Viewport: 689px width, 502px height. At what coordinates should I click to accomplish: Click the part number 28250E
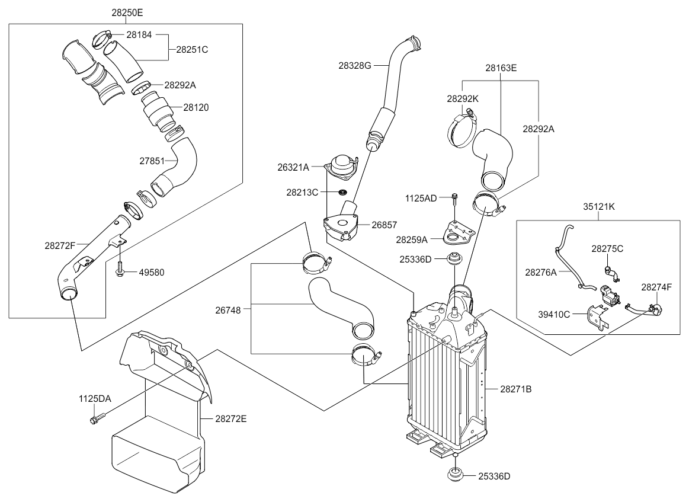(x=127, y=12)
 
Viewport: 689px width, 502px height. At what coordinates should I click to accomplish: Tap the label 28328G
(x=355, y=65)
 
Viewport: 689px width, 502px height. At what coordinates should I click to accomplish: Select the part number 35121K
(x=599, y=208)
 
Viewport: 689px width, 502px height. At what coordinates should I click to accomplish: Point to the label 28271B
(x=515, y=389)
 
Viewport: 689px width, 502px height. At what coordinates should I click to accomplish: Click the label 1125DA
(x=95, y=399)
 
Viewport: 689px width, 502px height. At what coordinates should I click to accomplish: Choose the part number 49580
(x=152, y=273)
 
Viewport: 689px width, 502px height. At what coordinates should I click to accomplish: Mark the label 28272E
(x=230, y=418)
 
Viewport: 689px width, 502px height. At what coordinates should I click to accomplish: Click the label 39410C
(x=555, y=314)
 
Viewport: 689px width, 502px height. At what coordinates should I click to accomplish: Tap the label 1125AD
(x=421, y=197)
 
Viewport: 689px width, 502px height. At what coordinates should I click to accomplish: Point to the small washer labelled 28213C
(x=342, y=193)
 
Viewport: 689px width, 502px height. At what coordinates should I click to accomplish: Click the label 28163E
(x=501, y=68)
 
